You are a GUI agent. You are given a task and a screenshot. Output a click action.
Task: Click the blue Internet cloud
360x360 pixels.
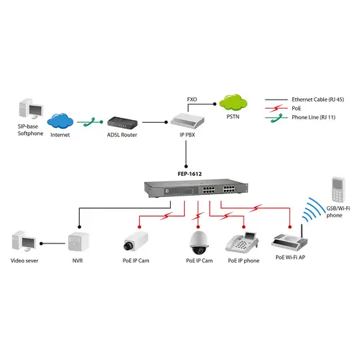click(60, 119)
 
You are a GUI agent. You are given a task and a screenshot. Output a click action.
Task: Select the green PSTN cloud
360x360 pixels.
click(232, 103)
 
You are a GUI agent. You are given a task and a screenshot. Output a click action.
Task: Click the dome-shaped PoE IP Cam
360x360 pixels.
click(198, 241)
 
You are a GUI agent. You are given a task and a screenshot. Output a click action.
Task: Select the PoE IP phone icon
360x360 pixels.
click(242, 242)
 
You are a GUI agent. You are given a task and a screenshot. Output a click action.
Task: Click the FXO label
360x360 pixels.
click(192, 99)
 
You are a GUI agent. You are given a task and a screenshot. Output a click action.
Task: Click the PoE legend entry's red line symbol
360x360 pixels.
click(276, 108)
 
